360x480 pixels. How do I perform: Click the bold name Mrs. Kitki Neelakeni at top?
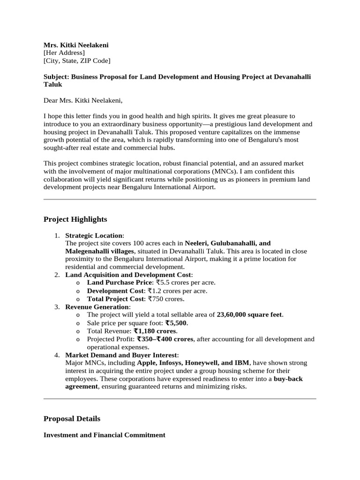[x=76, y=45]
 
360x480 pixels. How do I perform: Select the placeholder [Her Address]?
[x=64, y=53]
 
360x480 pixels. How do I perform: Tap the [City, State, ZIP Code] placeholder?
[x=77, y=60]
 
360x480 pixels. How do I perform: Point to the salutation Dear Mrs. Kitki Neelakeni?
[x=82, y=100]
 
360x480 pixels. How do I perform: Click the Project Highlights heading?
[x=75, y=219]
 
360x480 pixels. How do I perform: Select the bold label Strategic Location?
[x=94, y=235]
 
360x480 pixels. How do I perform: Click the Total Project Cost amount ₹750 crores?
[x=166, y=299]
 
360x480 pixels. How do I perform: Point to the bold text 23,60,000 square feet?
[x=250, y=315]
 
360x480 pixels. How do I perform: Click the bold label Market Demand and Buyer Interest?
[x=121, y=355]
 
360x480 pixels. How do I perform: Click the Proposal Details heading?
[x=72, y=419]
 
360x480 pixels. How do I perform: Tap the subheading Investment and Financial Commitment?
[x=104, y=435]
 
